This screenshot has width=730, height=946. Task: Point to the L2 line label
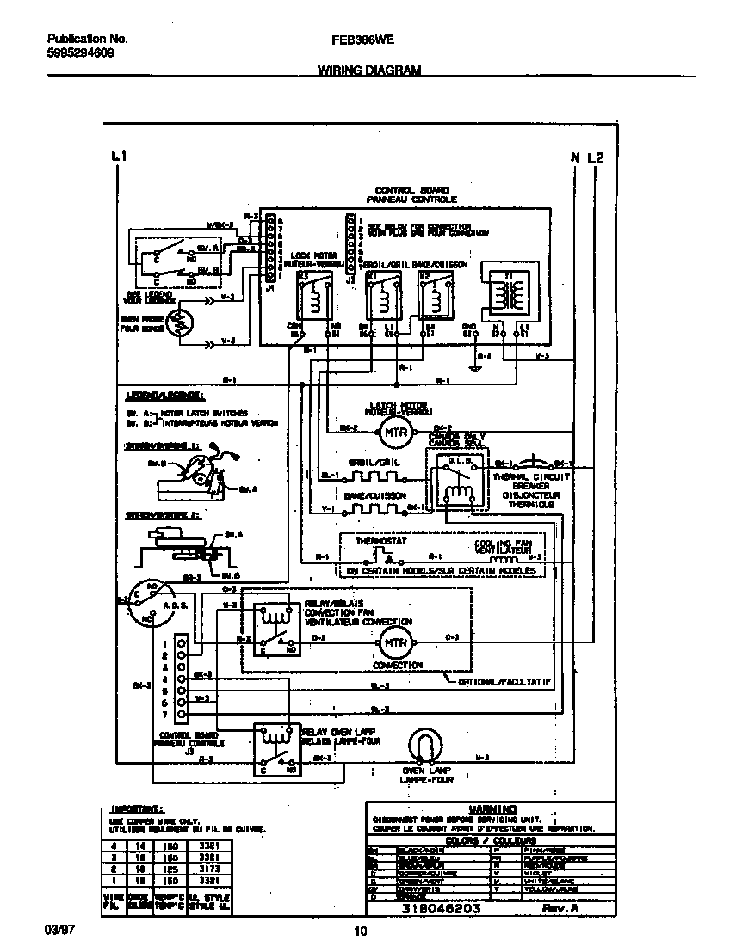(596, 157)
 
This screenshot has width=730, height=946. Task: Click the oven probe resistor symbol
(179, 324)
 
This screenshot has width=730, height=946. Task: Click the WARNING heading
(493, 808)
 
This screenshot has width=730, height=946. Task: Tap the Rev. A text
(559, 908)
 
